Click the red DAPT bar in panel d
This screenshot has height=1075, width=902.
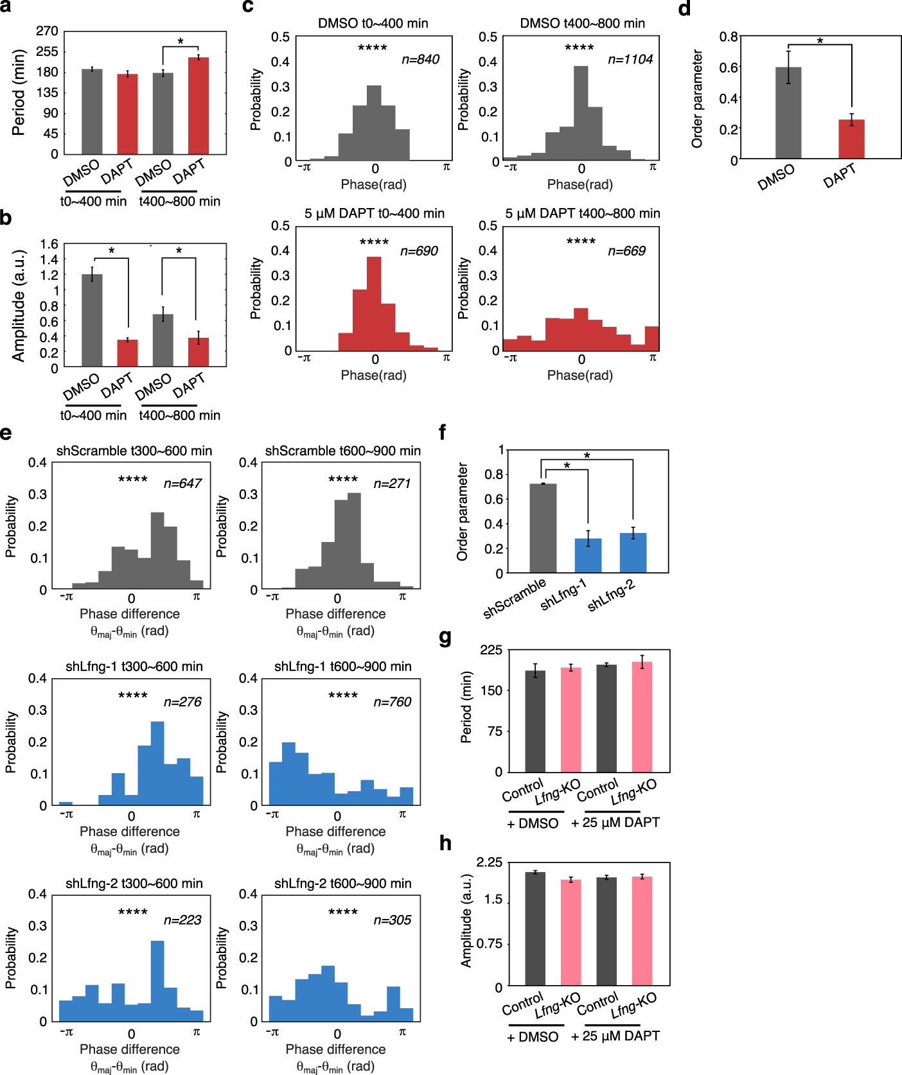(851, 139)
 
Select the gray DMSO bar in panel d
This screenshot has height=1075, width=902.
(788, 113)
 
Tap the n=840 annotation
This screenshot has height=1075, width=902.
(420, 60)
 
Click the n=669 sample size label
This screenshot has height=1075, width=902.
(626, 251)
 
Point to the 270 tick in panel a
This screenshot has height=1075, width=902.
(47, 31)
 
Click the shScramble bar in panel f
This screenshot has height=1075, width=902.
(543, 528)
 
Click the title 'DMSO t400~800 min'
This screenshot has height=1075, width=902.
(582, 23)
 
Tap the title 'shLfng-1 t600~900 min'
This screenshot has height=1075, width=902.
(342, 666)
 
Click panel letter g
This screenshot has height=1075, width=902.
(445, 638)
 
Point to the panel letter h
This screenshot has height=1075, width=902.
(445, 843)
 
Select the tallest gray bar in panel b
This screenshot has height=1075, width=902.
(92, 320)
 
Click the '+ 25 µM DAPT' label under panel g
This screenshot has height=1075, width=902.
(615, 823)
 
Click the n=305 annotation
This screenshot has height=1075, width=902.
(392, 920)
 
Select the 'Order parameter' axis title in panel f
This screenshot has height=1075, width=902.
(463, 512)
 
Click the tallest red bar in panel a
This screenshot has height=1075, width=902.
(198, 106)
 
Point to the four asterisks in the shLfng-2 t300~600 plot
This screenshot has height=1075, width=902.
(133, 912)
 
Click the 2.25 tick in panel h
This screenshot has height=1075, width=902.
(490, 862)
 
